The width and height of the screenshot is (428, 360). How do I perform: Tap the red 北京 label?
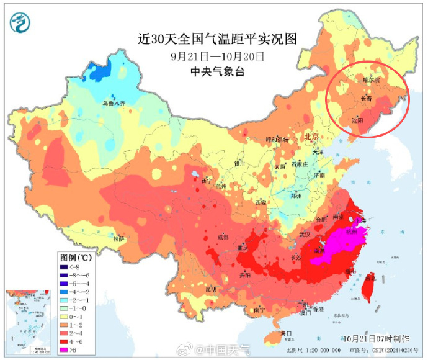[311, 137]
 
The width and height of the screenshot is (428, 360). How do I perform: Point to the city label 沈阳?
[357, 120]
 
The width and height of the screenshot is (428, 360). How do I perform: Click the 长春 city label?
[367, 99]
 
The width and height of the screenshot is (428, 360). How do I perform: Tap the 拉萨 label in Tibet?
[118, 238]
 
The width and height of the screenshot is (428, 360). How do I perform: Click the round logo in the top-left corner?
[20, 23]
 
